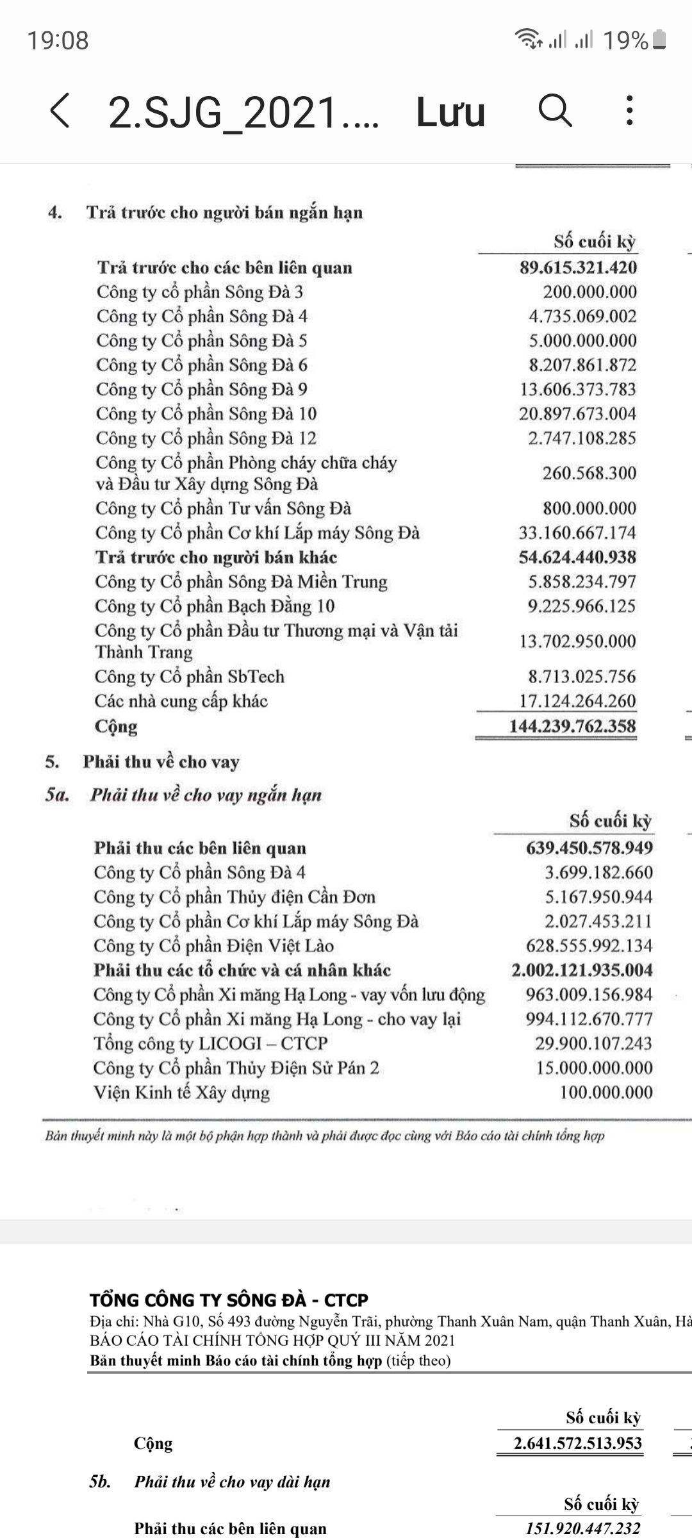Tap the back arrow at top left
point(60,111)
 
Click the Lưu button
point(450,112)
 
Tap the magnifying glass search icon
point(555,111)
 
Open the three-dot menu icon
point(630,111)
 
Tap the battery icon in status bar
point(659,40)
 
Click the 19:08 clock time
point(58,40)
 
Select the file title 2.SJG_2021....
point(243,113)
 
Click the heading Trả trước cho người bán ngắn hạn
point(224,213)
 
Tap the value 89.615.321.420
point(578,268)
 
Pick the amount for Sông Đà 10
point(577,414)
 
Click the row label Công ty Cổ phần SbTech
point(190,677)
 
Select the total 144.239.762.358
point(572,727)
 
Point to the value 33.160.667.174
point(577,533)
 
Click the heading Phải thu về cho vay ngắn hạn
point(205,795)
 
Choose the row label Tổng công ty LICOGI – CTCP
point(210,1043)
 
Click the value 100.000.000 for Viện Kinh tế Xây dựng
point(606,1093)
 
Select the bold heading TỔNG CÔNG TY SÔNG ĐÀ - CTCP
point(229,1300)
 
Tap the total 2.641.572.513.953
point(577,1444)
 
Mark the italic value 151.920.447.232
point(582,1529)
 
